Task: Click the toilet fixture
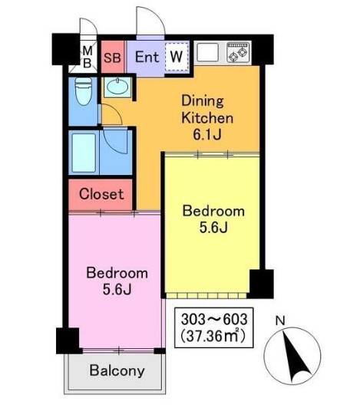pyautogui.click(x=84, y=91)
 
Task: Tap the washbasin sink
pyautogui.click(x=117, y=87)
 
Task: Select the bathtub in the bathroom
pyautogui.click(x=84, y=153)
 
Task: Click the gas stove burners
pyautogui.click(x=238, y=52)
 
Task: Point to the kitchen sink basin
pyautogui.click(x=208, y=52)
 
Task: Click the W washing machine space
pyautogui.click(x=177, y=56)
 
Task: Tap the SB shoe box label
pyautogui.click(x=112, y=58)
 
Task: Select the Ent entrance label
pyautogui.click(x=147, y=57)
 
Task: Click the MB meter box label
pyautogui.click(x=88, y=57)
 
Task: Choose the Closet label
pyautogui.click(x=101, y=194)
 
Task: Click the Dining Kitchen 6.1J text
pyautogui.click(x=207, y=117)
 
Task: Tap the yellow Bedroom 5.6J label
pyautogui.click(x=213, y=219)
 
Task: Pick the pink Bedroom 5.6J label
pyautogui.click(x=117, y=281)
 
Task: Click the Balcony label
pyautogui.click(x=117, y=371)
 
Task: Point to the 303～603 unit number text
pyautogui.click(x=214, y=320)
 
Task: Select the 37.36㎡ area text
pyautogui.click(x=213, y=336)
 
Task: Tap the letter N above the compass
pyautogui.click(x=280, y=321)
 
